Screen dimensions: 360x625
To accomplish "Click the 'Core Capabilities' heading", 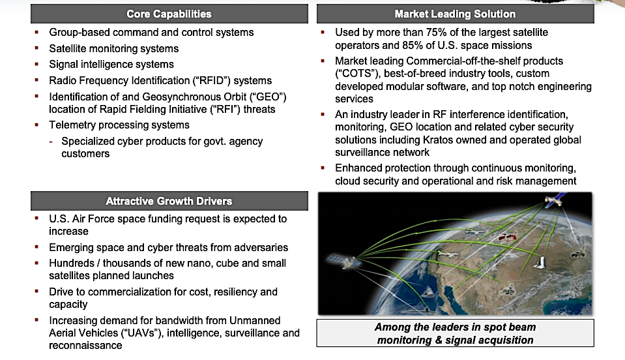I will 169,14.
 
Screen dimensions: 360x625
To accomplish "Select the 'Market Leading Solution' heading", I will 455,14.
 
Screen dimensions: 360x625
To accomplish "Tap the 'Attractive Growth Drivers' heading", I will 169,201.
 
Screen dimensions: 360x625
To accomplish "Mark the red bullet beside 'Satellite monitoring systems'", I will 37,49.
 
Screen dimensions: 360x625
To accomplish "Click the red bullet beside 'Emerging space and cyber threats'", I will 37,248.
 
